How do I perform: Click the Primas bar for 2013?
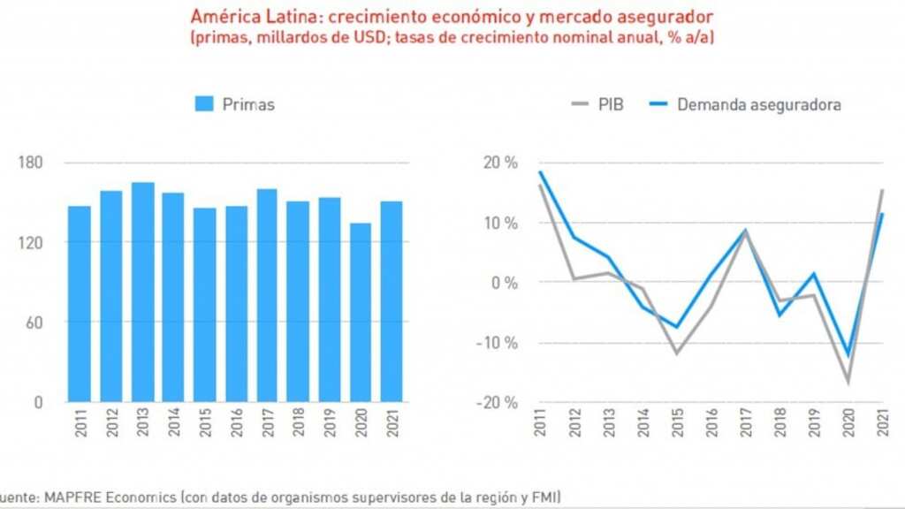pyautogui.click(x=143, y=292)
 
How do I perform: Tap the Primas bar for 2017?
pyautogui.click(x=267, y=295)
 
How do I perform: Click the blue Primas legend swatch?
pyautogui.click(x=205, y=104)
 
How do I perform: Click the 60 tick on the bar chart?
pyautogui.click(x=34, y=323)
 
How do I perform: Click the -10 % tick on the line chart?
pyautogui.click(x=497, y=343)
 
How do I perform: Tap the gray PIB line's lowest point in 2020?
pyautogui.click(x=848, y=383)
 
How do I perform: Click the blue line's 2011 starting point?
pyautogui.click(x=539, y=171)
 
